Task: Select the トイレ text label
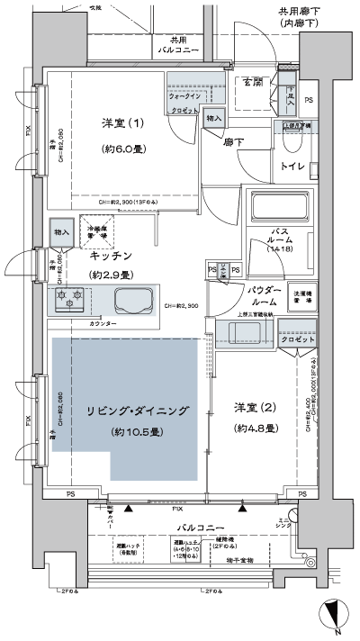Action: pyautogui.click(x=293, y=167)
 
